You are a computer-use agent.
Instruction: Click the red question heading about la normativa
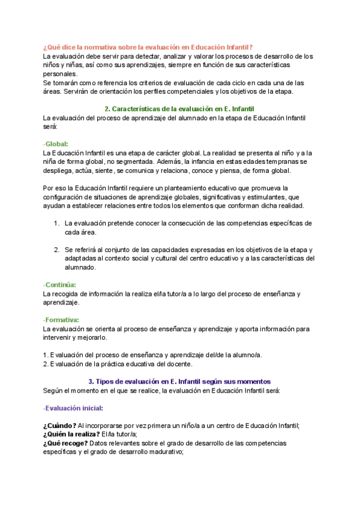[148, 47]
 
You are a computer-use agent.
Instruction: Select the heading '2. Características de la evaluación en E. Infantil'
[179, 109]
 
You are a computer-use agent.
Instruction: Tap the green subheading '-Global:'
[56, 144]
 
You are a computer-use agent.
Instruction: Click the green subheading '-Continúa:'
[59, 285]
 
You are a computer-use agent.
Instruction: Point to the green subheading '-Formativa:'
[61, 320]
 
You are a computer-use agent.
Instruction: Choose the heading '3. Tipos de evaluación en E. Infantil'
[179, 381]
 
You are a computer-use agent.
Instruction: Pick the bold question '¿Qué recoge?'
[65, 443]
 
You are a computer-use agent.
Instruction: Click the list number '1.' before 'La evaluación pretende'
[56, 223]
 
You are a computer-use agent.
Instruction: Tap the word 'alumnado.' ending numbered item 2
[80, 268]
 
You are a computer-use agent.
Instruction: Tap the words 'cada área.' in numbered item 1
[80, 232]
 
